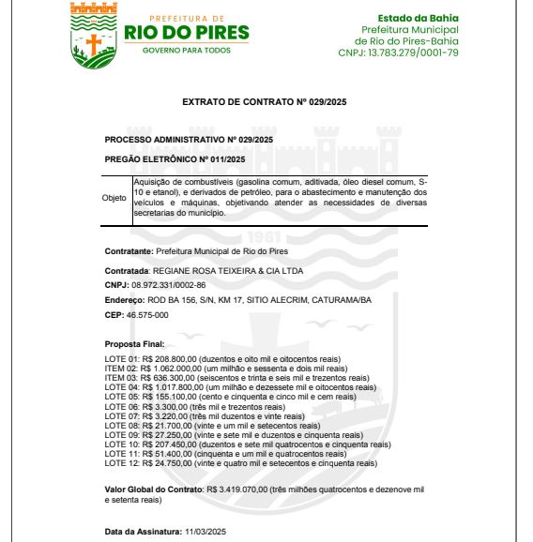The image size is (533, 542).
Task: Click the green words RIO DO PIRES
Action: (x=187, y=34)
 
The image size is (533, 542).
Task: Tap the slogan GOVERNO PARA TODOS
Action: (x=186, y=50)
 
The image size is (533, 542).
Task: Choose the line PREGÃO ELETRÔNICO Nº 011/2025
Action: (x=161, y=158)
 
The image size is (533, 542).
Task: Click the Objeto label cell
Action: (x=114, y=199)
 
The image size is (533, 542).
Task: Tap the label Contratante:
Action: (x=128, y=252)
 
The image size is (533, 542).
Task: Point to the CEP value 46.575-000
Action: (x=148, y=315)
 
